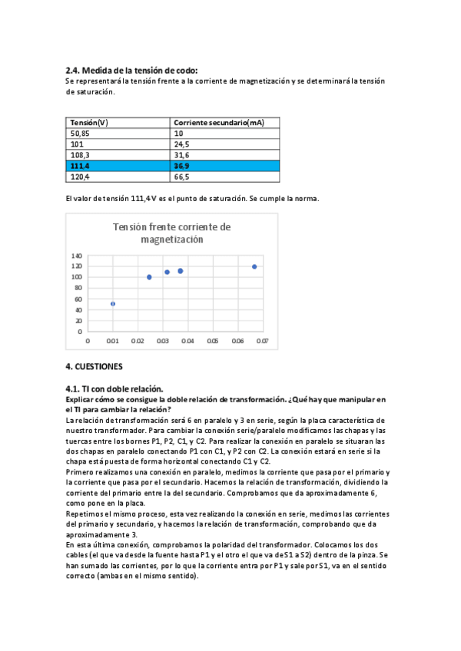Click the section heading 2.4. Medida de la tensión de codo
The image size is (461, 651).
tap(131, 70)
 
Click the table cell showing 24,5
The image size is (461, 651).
tap(182, 144)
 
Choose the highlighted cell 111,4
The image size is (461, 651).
tap(81, 165)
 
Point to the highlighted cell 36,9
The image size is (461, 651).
tap(182, 165)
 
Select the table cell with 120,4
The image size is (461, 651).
tap(81, 176)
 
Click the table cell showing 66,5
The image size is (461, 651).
tap(182, 176)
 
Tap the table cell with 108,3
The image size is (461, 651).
tap(81, 155)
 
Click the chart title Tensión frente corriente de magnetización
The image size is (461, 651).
tap(171, 233)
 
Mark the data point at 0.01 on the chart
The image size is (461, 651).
tap(113, 304)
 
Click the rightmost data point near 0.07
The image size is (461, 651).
tap(254, 266)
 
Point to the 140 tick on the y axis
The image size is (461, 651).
tap(76, 256)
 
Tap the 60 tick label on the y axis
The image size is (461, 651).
tap(78, 299)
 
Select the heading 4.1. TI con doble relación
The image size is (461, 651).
tap(114, 389)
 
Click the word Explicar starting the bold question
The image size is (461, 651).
tap(81, 400)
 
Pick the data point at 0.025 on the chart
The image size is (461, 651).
tap(149, 277)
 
